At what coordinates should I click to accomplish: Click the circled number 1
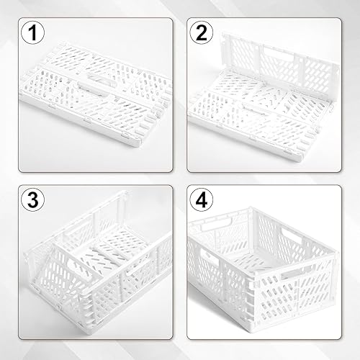33,32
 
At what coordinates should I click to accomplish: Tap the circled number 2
202,32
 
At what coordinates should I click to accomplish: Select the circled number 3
33,200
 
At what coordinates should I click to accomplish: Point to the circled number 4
202,200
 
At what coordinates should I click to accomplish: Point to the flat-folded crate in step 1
96,94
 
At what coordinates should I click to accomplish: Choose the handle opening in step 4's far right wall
291,235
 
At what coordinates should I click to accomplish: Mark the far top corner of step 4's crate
251,208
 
